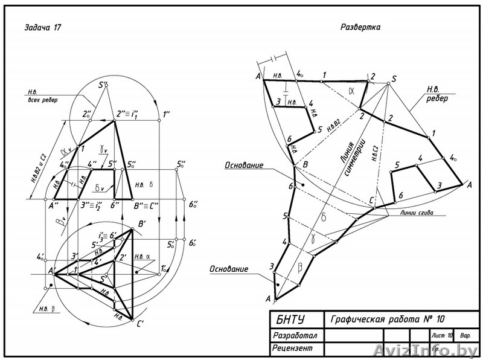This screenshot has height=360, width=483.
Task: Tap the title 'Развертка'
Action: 360,27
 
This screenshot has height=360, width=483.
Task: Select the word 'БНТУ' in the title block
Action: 292,319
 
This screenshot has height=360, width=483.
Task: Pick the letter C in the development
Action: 373,201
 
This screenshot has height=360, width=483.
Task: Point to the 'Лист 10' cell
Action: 441,335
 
